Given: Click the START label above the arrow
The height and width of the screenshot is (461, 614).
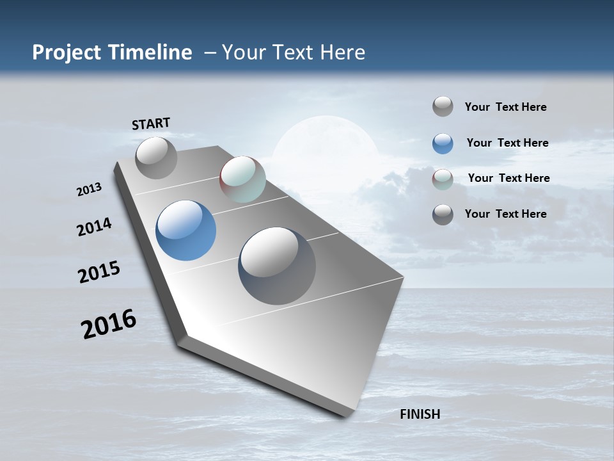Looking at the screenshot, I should pos(151,124).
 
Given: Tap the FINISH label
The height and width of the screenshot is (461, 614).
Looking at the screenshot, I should pos(420,414).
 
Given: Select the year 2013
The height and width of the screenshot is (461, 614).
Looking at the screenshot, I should pos(89,190).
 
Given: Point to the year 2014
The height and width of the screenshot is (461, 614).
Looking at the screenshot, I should pos(94,227).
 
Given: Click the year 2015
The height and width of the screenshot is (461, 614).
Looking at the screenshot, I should pos(99,272).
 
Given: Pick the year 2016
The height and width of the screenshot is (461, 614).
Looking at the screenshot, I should pos(109,324).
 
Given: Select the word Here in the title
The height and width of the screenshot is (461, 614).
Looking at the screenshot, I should pos(342,53).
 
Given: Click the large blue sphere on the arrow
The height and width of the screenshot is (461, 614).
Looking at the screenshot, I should pos(185,230).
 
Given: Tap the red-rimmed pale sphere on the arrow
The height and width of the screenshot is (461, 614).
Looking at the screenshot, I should pos(242,179).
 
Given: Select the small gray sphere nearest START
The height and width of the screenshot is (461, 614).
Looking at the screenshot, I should pos(156,158).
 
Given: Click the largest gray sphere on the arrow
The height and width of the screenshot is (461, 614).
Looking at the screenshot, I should pos(277,265).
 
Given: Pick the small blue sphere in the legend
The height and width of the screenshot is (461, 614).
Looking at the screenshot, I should pos(443,143).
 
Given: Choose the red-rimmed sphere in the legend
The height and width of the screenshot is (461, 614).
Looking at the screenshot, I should pos(443,179).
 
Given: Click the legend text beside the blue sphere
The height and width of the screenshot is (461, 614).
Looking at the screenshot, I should pos(507,143).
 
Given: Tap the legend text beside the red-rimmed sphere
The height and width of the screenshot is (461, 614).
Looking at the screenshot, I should pos(508,178).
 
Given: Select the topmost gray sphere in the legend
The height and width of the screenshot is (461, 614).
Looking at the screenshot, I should pos(443,107).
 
